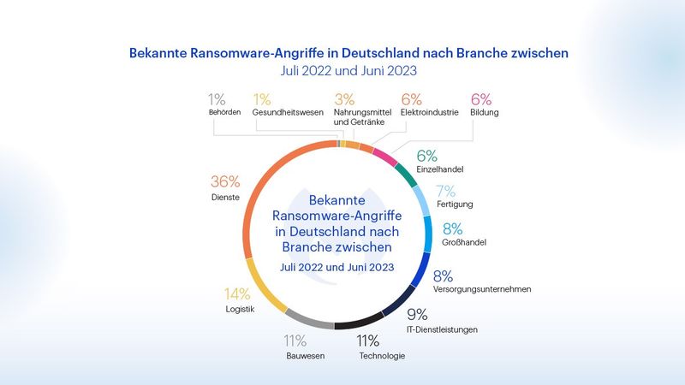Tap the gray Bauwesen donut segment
[x=308, y=323]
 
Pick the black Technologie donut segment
[x=360, y=325]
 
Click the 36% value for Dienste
[x=225, y=181]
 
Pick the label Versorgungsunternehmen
[x=482, y=290]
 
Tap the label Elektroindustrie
[x=430, y=112]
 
